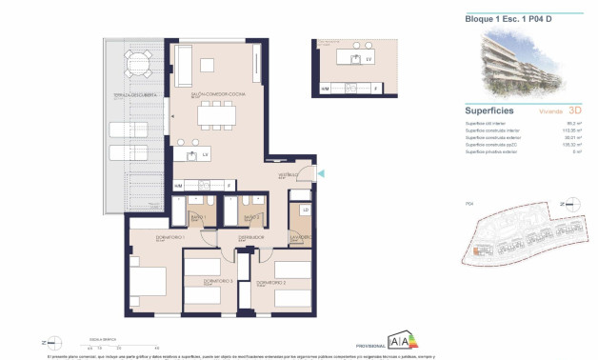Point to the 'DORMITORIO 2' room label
[x=270, y=283]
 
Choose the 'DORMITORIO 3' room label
[x=208, y=282]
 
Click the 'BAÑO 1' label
[x=198, y=219]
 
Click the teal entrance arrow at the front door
[x=320, y=172]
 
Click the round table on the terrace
[x=138, y=66]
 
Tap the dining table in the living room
[x=216, y=116]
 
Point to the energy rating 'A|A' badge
[x=404, y=342]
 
